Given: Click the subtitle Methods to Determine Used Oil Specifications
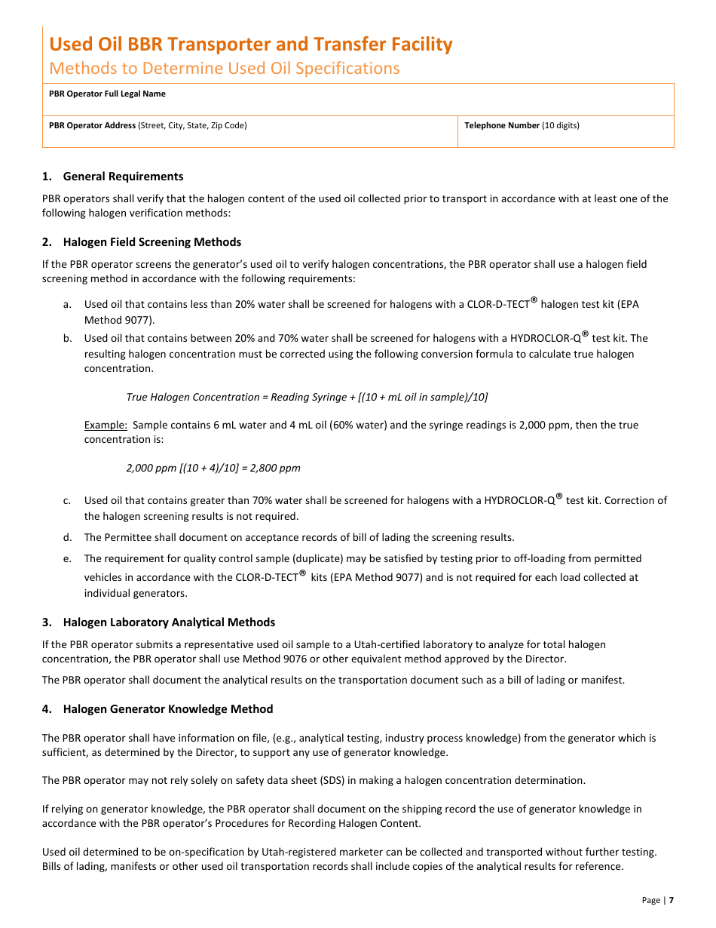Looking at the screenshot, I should [x=225, y=68].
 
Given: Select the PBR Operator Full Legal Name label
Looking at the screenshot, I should [x=107, y=94].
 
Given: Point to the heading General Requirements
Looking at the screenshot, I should [x=123, y=177].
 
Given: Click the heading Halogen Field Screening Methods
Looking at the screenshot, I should [x=151, y=242].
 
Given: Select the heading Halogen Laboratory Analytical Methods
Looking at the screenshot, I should [x=169, y=622].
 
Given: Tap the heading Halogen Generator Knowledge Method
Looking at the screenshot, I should [x=167, y=709].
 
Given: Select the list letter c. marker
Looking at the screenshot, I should [x=67, y=500].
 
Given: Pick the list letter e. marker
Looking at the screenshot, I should [x=67, y=559].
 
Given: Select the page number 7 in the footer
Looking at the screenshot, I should [x=671, y=900].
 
